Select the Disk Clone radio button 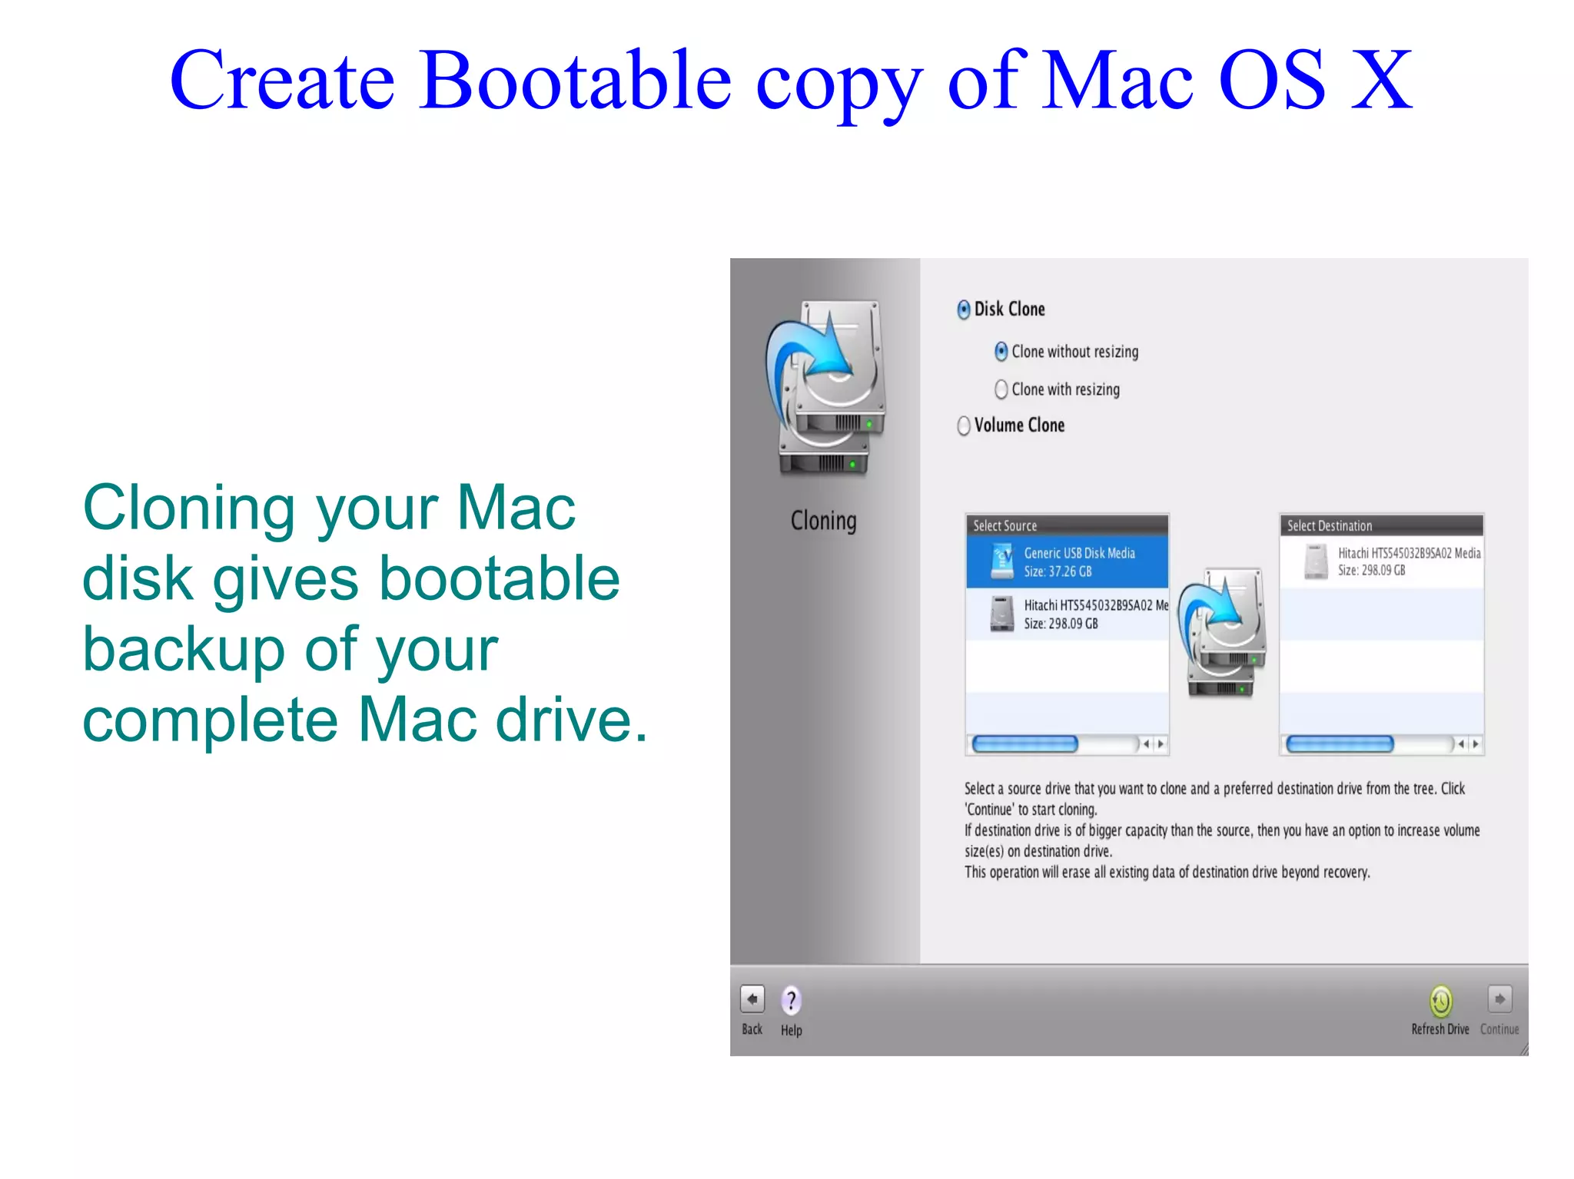pos(964,310)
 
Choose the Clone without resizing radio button pos(1001,352)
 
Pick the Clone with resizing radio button pos(1001,389)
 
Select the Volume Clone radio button pos(964,426)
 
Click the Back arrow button pos(752,999)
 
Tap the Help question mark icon pos(791,1000)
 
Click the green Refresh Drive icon pos(1440,1000)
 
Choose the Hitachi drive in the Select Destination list pos(1380,561)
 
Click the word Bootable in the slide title pos(576,80)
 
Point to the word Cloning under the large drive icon pos(823,521)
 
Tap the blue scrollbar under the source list pos(1024,743)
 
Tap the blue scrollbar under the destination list pos(1339,743)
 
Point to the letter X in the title pos(1381,80)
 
